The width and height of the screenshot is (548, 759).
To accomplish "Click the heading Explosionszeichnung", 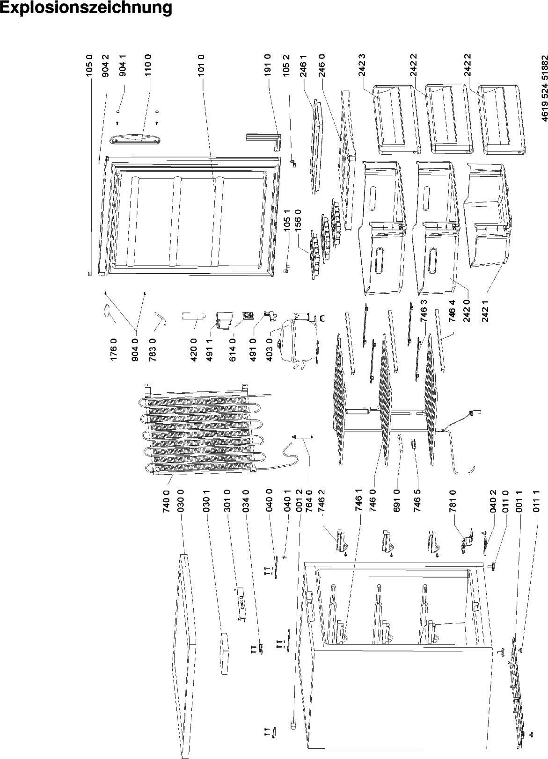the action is (x=86, y=8).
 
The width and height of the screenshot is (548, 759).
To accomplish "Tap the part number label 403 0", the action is (x=270, y=350).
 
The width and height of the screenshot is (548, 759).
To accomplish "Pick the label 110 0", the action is (x=147, y=65).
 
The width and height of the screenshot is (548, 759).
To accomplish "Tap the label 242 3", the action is (x=363, y=65).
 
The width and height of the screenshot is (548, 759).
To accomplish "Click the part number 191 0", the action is (x=267, y=65).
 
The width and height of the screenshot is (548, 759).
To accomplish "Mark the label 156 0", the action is (x=298, y=221).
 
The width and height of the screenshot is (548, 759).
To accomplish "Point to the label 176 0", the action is (x=114, y=350).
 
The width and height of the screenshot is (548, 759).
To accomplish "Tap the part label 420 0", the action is (x=194, y=350).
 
